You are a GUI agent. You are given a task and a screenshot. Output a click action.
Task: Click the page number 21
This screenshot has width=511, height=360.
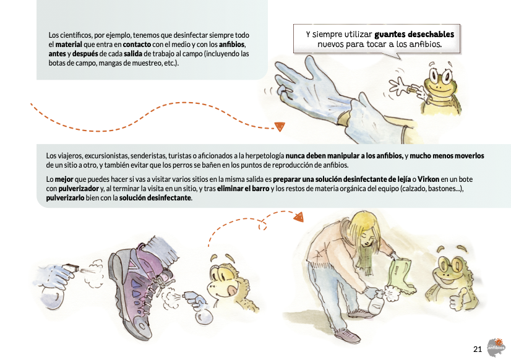pos(478,349)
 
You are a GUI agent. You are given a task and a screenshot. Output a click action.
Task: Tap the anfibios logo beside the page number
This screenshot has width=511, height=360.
pos(496,348)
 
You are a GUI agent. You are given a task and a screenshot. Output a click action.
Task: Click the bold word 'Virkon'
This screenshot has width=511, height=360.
pos(428,179)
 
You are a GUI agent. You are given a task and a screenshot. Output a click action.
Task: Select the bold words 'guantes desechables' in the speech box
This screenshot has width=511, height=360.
pos(414,34)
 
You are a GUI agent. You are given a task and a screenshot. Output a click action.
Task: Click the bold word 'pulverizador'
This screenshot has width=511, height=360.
pos(79,189)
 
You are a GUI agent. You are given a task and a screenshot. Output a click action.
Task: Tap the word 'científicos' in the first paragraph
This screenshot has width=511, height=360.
pos(74,35)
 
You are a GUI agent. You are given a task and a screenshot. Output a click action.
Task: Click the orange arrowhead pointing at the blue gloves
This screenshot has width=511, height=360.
pos(280,126)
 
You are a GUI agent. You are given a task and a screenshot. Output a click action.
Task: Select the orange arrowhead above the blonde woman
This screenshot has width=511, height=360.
pos(299,217)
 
